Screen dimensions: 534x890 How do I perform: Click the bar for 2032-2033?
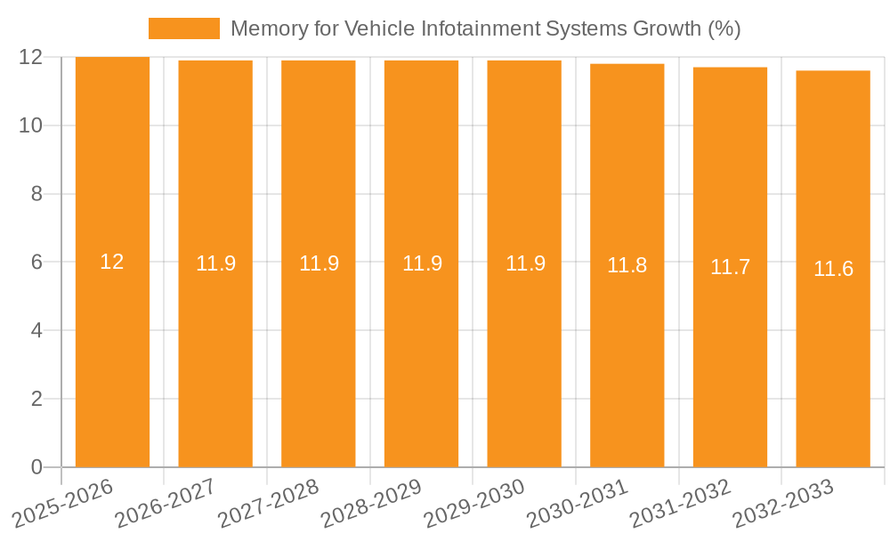coord(833,356)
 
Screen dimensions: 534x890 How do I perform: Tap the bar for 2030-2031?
coord(627,356)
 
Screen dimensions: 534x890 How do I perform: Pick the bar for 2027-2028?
coord(319,356)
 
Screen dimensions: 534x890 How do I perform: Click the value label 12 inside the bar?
coord(112,262)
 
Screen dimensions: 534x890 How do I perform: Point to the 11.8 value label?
coord(627,265)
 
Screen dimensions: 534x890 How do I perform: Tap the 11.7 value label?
coord(730,267)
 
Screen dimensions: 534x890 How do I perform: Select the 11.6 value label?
coord(833,269)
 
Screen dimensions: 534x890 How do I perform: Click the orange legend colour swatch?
coord(183,28)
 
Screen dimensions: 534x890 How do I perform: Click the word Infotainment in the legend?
coord(454,28)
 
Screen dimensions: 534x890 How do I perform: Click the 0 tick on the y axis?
coord(36,467)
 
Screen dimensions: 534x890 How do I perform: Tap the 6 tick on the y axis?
coord(36,263)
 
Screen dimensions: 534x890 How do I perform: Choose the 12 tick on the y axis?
coord(31,57)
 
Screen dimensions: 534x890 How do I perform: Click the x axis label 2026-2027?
coord(163,504)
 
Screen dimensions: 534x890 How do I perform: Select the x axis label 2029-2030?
coord(472,504)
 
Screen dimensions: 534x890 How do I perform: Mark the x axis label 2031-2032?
coord(678,504)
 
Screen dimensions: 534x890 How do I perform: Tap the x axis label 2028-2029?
coord(369,504)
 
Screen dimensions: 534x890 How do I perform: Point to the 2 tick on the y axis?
coord(36,399)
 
